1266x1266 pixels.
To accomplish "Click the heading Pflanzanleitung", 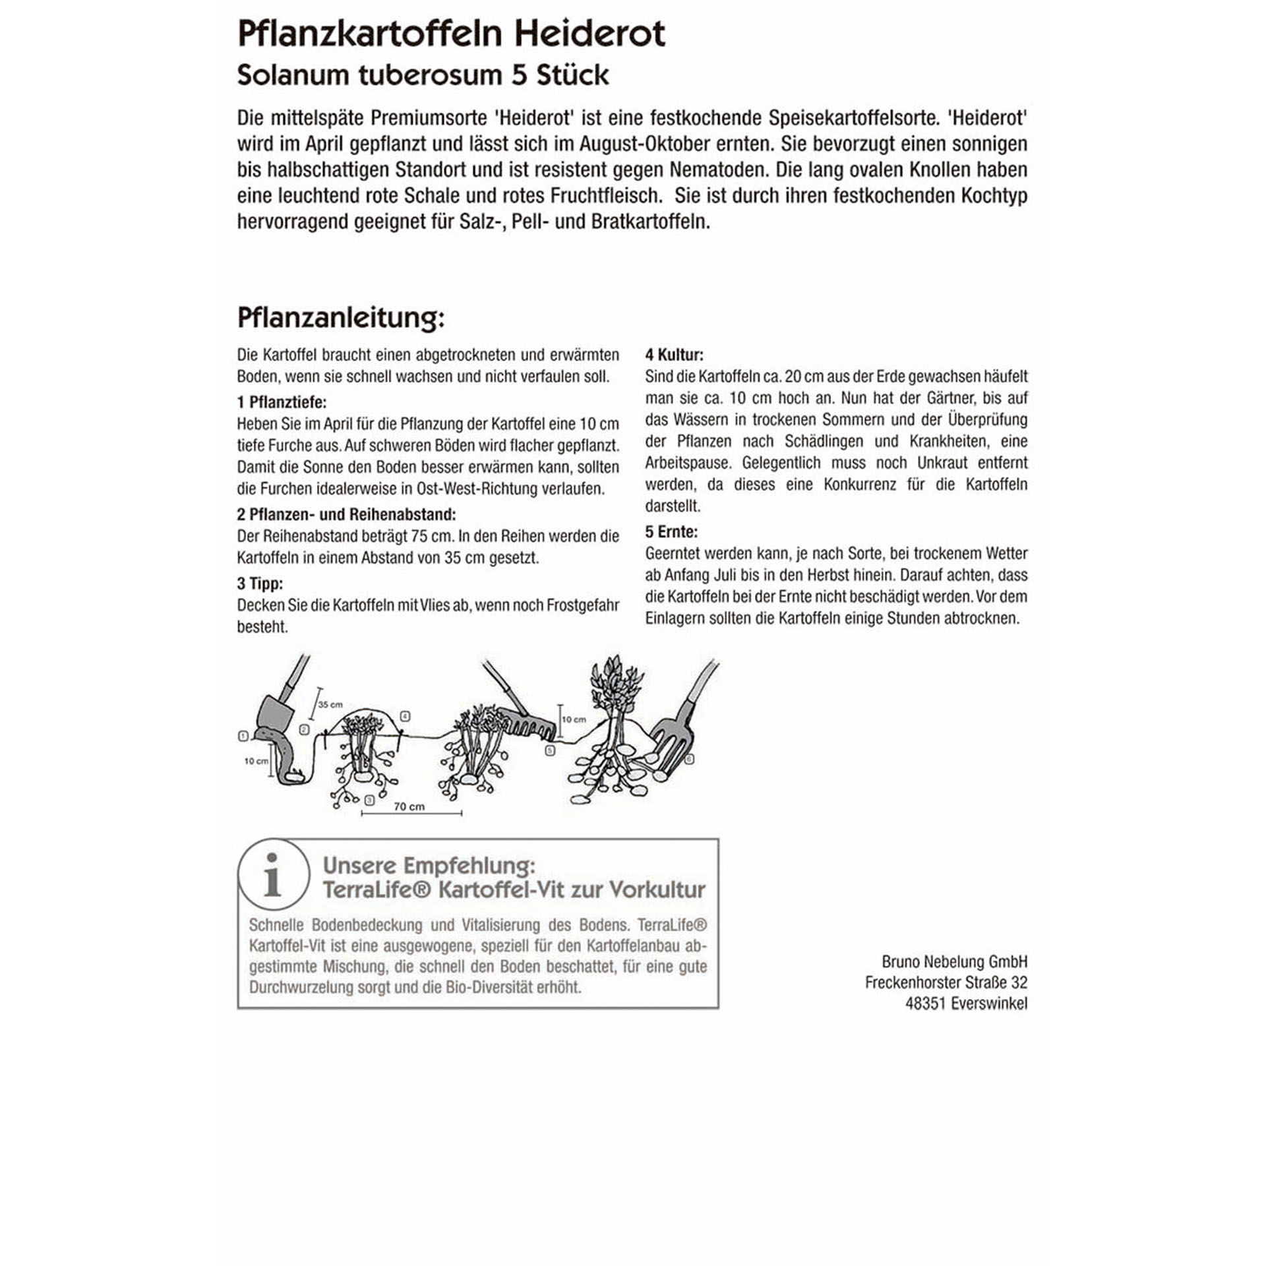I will click(x=340, y=318).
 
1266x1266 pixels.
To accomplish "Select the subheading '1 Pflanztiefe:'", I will click(x=282, y=402).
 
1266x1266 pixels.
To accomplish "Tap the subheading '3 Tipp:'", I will click(x=260, y=584).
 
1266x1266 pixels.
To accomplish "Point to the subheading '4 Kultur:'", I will click(x=674, y=355).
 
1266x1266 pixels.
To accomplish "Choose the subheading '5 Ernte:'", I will click(x=671, y=531).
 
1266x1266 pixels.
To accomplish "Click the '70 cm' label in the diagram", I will click(x=409, y=806).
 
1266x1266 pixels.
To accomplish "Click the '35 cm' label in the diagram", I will click(x=330, y=704).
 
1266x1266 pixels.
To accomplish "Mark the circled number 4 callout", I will click(x=406, y=716).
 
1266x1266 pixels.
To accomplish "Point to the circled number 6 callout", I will click(x=690, y=759).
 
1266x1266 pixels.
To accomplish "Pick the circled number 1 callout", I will click(x=243, y=736).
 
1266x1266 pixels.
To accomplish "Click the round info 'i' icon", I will click(x=273, y=874).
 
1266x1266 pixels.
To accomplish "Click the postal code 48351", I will click(x=925, y=1004).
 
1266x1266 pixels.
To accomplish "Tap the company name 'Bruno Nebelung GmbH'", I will click(x=954, y=961).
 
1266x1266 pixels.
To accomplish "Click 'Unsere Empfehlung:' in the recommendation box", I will click(x=429, y=865).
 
